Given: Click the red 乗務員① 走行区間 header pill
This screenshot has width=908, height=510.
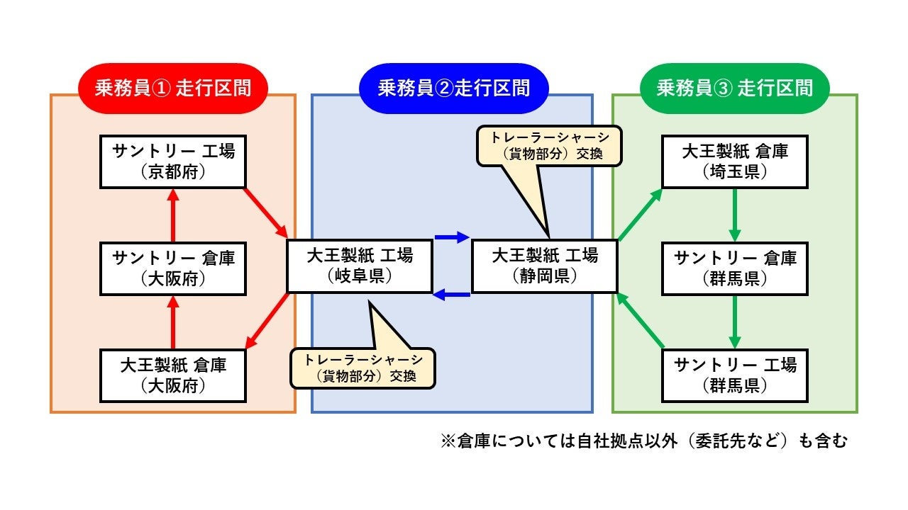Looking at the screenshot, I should point(172,88).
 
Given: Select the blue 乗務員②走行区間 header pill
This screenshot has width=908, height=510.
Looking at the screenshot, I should point(453,88).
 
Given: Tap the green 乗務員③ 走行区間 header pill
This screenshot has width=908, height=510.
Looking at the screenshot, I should point(734,88).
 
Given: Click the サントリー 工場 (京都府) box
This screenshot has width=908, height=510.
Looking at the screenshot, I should point(172,161).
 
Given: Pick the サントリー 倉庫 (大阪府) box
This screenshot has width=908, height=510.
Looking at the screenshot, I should point(172,268).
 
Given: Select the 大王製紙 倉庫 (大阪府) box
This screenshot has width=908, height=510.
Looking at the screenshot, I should point(172,375).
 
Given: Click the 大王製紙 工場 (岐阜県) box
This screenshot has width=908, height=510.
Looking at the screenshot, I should point(359,266).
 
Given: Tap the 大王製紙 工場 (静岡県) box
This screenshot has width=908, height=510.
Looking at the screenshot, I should point(544,266).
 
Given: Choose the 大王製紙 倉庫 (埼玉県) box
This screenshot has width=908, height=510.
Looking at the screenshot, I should point(734,161).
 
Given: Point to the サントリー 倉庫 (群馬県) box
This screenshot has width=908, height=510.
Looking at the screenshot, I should point(734,268).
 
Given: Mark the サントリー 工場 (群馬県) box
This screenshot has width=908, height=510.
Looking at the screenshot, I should point(734,375).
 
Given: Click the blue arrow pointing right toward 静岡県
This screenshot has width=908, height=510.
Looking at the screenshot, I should point(452,237).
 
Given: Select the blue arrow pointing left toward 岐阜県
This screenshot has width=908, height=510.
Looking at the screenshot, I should point(452,295).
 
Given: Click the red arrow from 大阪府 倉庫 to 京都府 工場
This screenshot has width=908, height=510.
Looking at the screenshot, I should point(172,215).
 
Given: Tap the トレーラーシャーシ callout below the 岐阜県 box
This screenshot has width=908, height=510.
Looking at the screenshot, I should point(362,367).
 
